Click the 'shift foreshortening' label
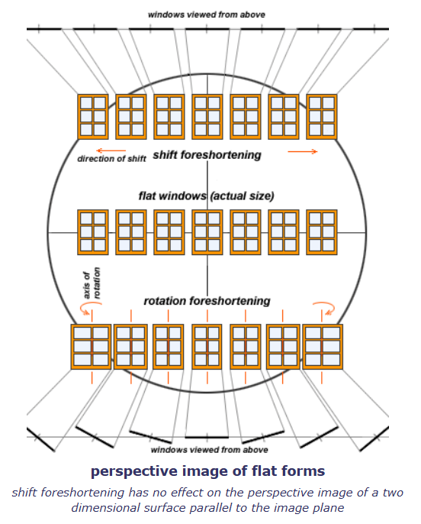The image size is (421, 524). [x=207, y=155]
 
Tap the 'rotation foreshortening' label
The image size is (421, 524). [x=207, y=301]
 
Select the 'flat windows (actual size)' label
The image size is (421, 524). [x=206, y=196]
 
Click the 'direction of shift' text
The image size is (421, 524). [x=112, y=159]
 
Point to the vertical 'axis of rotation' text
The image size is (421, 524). [x=92, y=283]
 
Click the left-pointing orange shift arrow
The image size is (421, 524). [x=111, y=150]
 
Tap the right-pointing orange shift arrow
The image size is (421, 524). [x=303, y=152]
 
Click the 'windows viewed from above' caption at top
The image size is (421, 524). [x=207, y=15]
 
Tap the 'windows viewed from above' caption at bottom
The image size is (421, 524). [x=209, y=450]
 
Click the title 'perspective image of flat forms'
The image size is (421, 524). [x=207, y=471]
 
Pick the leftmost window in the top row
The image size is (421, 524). [x=93, y=117]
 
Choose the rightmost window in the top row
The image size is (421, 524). [x=322, y=117]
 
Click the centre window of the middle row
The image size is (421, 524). [x=207, y=232]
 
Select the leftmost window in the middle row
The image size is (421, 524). [x=93, y=232]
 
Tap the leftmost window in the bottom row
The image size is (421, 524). [x=91, y=347]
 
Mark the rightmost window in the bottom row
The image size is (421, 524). [x=323, y=347]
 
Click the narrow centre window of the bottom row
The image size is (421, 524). [x=207, y=347]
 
